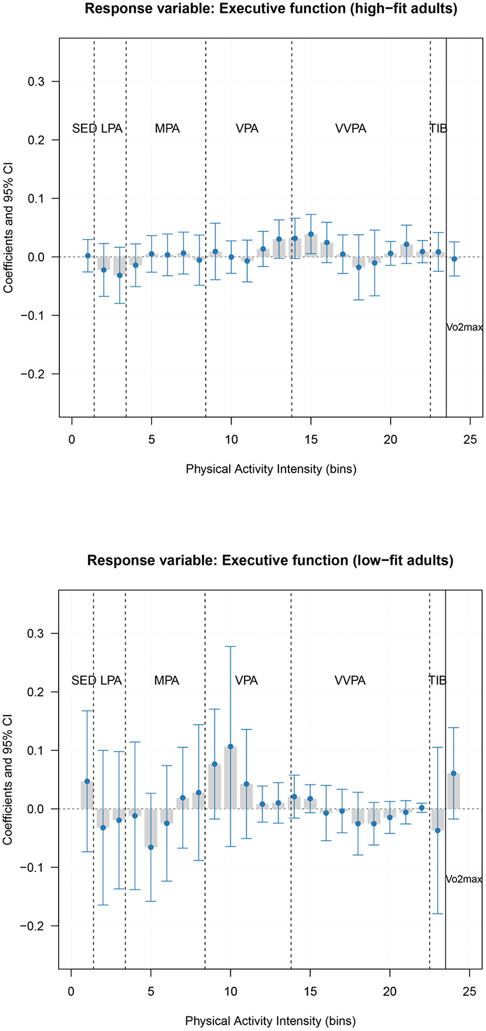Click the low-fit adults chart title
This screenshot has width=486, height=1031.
(270, 560)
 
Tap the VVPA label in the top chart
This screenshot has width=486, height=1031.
(350, 129)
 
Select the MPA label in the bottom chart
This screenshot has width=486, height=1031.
(166, 680)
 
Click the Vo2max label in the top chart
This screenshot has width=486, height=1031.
(464, 328)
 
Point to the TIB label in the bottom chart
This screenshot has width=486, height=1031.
(437, 680)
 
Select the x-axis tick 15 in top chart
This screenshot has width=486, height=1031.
(311, 440)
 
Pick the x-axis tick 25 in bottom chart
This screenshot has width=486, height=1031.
(469, 992)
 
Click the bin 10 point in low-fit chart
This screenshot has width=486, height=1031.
(230, 747)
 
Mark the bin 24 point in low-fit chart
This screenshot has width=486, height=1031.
(453, 773)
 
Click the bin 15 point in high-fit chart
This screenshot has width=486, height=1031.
(311, 234)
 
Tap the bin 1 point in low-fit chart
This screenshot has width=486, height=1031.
(87, 781)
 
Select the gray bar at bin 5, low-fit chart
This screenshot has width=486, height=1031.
(151, 828)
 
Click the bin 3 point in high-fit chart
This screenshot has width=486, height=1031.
(119, 275)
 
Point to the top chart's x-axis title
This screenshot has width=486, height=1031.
(271, 469)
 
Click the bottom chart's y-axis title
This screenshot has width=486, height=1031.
(8, 780)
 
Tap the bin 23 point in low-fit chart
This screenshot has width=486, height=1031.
(437, 830)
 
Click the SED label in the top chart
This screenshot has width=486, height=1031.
(84, 129)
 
